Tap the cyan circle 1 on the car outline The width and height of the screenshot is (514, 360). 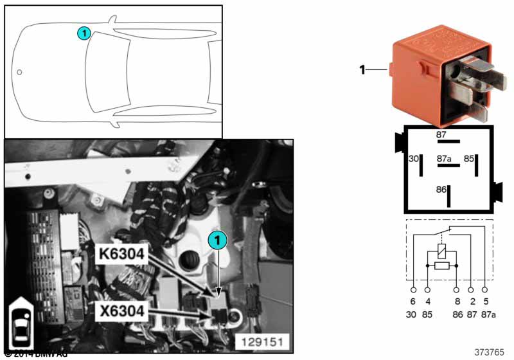click(83, 33)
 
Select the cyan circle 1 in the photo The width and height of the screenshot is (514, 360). click(217, 240)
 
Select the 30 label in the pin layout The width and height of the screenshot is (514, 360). click(414, 158)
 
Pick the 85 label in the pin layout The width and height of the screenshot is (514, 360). click(470, 158)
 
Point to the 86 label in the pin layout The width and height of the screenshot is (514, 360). click(441, 190)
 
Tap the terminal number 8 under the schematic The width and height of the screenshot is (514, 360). click(456, 301)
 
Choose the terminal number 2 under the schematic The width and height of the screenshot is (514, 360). click(471, 301)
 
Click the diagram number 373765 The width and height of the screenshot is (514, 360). click(489, 352)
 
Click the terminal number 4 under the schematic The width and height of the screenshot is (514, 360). click(427, 301)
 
